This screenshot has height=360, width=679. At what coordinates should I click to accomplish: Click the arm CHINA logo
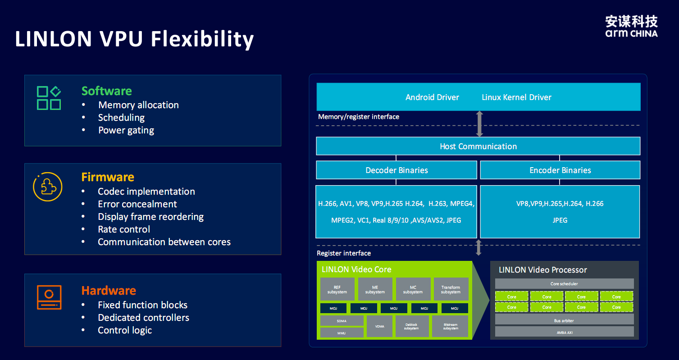point(631,26)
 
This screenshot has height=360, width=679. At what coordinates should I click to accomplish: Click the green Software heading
point(107,91)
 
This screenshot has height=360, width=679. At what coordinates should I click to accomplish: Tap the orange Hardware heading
point(109,290)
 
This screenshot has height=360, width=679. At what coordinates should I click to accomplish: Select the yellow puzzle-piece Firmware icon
point(48,187)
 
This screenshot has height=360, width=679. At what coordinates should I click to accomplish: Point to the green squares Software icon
point(49,98)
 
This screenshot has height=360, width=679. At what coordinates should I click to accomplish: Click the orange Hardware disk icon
point(49,297)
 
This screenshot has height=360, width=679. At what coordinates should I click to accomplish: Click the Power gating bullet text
point(126,130)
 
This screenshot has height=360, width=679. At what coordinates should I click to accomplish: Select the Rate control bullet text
point(124,229)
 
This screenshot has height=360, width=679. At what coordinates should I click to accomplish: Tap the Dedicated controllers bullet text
point(143,318)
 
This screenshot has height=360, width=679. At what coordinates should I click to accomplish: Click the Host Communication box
point(478,146)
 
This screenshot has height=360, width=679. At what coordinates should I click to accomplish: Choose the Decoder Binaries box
point(396,170)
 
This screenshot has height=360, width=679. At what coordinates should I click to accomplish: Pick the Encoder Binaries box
point(560,170)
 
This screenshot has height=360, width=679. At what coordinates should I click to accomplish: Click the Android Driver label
point(432,97)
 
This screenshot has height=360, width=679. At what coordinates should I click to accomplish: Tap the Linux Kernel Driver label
point(516,97)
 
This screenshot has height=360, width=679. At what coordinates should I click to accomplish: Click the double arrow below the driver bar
point(479,123)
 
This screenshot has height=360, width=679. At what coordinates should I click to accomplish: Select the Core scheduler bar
point(564,284)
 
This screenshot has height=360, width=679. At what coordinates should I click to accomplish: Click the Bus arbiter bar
point(564,320)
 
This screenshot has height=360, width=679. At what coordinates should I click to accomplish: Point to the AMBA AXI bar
point(564,332)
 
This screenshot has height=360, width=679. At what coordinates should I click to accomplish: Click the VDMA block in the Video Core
point(379,326)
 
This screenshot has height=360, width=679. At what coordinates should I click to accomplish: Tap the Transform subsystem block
point(451,289)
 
